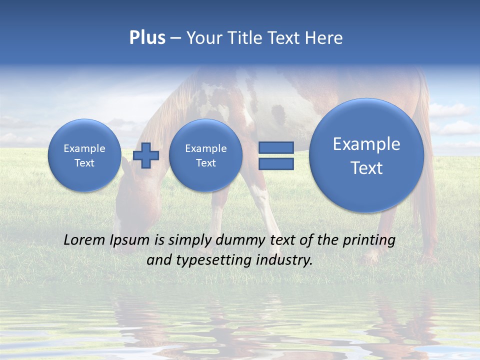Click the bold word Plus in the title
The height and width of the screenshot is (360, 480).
point(147,38)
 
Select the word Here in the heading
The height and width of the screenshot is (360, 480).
point(324,38)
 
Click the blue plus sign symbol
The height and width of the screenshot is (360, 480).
point(146,155)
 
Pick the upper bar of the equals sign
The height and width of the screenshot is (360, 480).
point(276,147)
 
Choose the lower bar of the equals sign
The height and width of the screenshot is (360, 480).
point(276,163)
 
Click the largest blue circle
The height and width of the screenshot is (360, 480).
point(366,155)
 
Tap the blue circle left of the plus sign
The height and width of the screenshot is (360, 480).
point(84,155)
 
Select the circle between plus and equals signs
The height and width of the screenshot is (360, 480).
point(205,155)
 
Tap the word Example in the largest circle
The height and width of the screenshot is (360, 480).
point(366,144)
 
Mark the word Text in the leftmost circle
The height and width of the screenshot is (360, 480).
point(84,163)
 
